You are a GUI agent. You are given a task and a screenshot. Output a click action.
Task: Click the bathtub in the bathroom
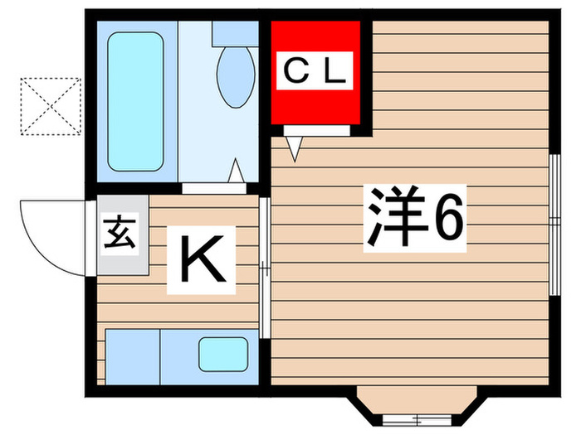(x=134, y=101)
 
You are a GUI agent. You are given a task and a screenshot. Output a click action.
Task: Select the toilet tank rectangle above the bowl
(x=236, y=33)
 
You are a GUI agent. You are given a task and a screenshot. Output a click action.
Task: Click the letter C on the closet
(x=295, y=73)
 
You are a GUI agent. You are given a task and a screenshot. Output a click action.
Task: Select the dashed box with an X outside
(x=51, y=105)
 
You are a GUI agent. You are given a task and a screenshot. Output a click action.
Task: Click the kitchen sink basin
(x=222, y=355)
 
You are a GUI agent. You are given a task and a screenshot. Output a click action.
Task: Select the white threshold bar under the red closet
(x=316, y=130)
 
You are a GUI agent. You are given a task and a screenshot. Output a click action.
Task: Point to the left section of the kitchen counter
(x=132, y=355)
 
